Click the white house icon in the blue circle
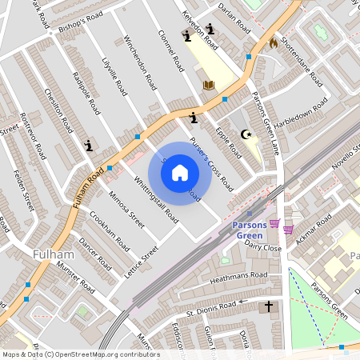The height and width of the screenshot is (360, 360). tap(180, 173)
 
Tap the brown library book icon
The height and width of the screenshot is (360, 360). tap(209, 84)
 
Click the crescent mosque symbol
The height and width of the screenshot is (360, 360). tap(246, 135)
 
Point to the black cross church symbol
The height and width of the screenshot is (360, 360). tap(269, 306)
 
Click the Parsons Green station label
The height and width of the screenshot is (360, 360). tap(254, 230)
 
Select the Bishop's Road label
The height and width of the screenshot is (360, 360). tap(76, 22)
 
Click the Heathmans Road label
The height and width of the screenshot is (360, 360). tap(238, 276)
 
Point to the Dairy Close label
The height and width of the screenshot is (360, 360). tap(264, 247)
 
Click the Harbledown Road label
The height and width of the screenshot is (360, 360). tap(302, 119)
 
